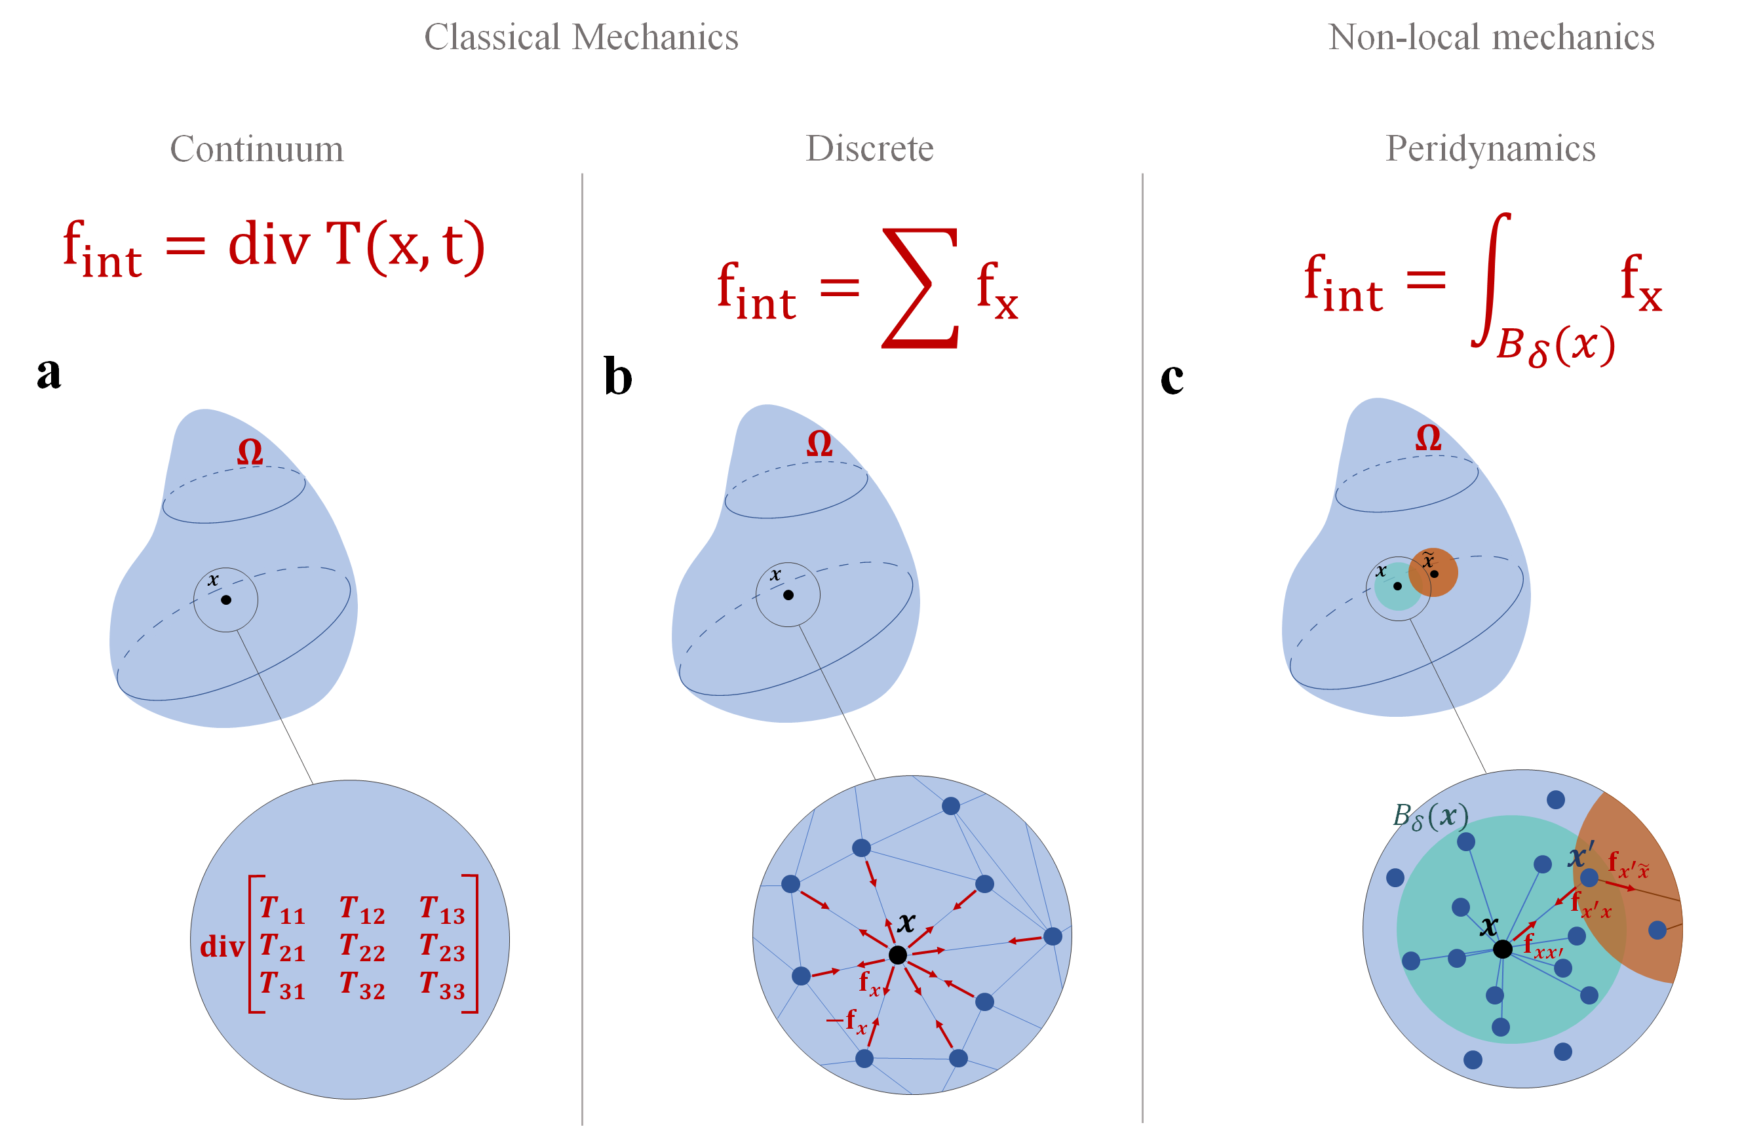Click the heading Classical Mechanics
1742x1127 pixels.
click(x=581, y=37)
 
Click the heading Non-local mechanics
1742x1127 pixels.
click(x=1491, y=37)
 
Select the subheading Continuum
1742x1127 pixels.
click(x=256, y=149)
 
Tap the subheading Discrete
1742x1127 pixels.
click(x=870, y=149)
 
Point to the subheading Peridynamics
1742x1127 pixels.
click(x=1490, y=149)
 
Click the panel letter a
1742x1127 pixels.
click(x=48, y=373)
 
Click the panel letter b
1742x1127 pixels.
click(x=618, y=377)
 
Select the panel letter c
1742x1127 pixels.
click(x=1172, y=377)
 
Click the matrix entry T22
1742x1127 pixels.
click(x=362, y=947)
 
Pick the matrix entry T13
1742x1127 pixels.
click(x=442, y=909)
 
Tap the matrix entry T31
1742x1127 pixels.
click(x=282, y=985)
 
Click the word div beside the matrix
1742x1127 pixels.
click(x=221, y=947)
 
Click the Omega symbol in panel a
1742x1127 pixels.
click(x=250, y=452)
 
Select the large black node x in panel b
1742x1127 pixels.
click(x=897, y=955)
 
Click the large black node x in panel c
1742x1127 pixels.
click(x=1502, y=949)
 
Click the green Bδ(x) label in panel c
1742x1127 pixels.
click(x=1429, y=816)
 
